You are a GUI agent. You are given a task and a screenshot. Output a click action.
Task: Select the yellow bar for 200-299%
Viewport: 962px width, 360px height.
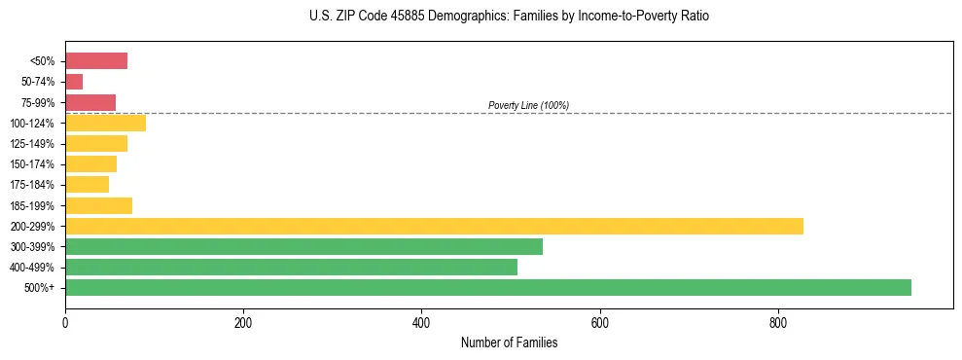[434, 226]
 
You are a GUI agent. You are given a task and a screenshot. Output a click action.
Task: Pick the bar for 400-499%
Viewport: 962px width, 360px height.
[291, 267]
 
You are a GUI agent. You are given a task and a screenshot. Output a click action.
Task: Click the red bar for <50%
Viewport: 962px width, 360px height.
[96, 61]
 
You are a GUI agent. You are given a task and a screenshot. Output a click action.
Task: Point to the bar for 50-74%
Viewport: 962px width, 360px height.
[74, 82]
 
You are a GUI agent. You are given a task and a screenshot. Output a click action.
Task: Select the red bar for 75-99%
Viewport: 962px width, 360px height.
[90, 102]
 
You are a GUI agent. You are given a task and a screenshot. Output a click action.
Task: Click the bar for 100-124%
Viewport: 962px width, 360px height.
[105, 123]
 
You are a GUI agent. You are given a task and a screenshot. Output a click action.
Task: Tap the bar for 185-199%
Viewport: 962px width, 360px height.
[98, 205]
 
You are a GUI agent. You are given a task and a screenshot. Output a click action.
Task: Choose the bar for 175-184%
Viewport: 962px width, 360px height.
[87, 185]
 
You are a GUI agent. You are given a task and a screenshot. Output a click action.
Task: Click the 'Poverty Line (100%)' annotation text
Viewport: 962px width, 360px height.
[528, 105]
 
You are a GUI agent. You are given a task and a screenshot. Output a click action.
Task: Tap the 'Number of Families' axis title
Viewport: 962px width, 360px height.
[509, 342]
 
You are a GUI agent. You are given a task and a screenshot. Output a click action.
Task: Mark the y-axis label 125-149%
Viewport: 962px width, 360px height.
[32, 144]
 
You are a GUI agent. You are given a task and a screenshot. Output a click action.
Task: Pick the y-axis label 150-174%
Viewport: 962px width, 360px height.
[32, 164]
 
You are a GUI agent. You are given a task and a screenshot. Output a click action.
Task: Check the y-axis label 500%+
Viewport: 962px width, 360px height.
[40, 288]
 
